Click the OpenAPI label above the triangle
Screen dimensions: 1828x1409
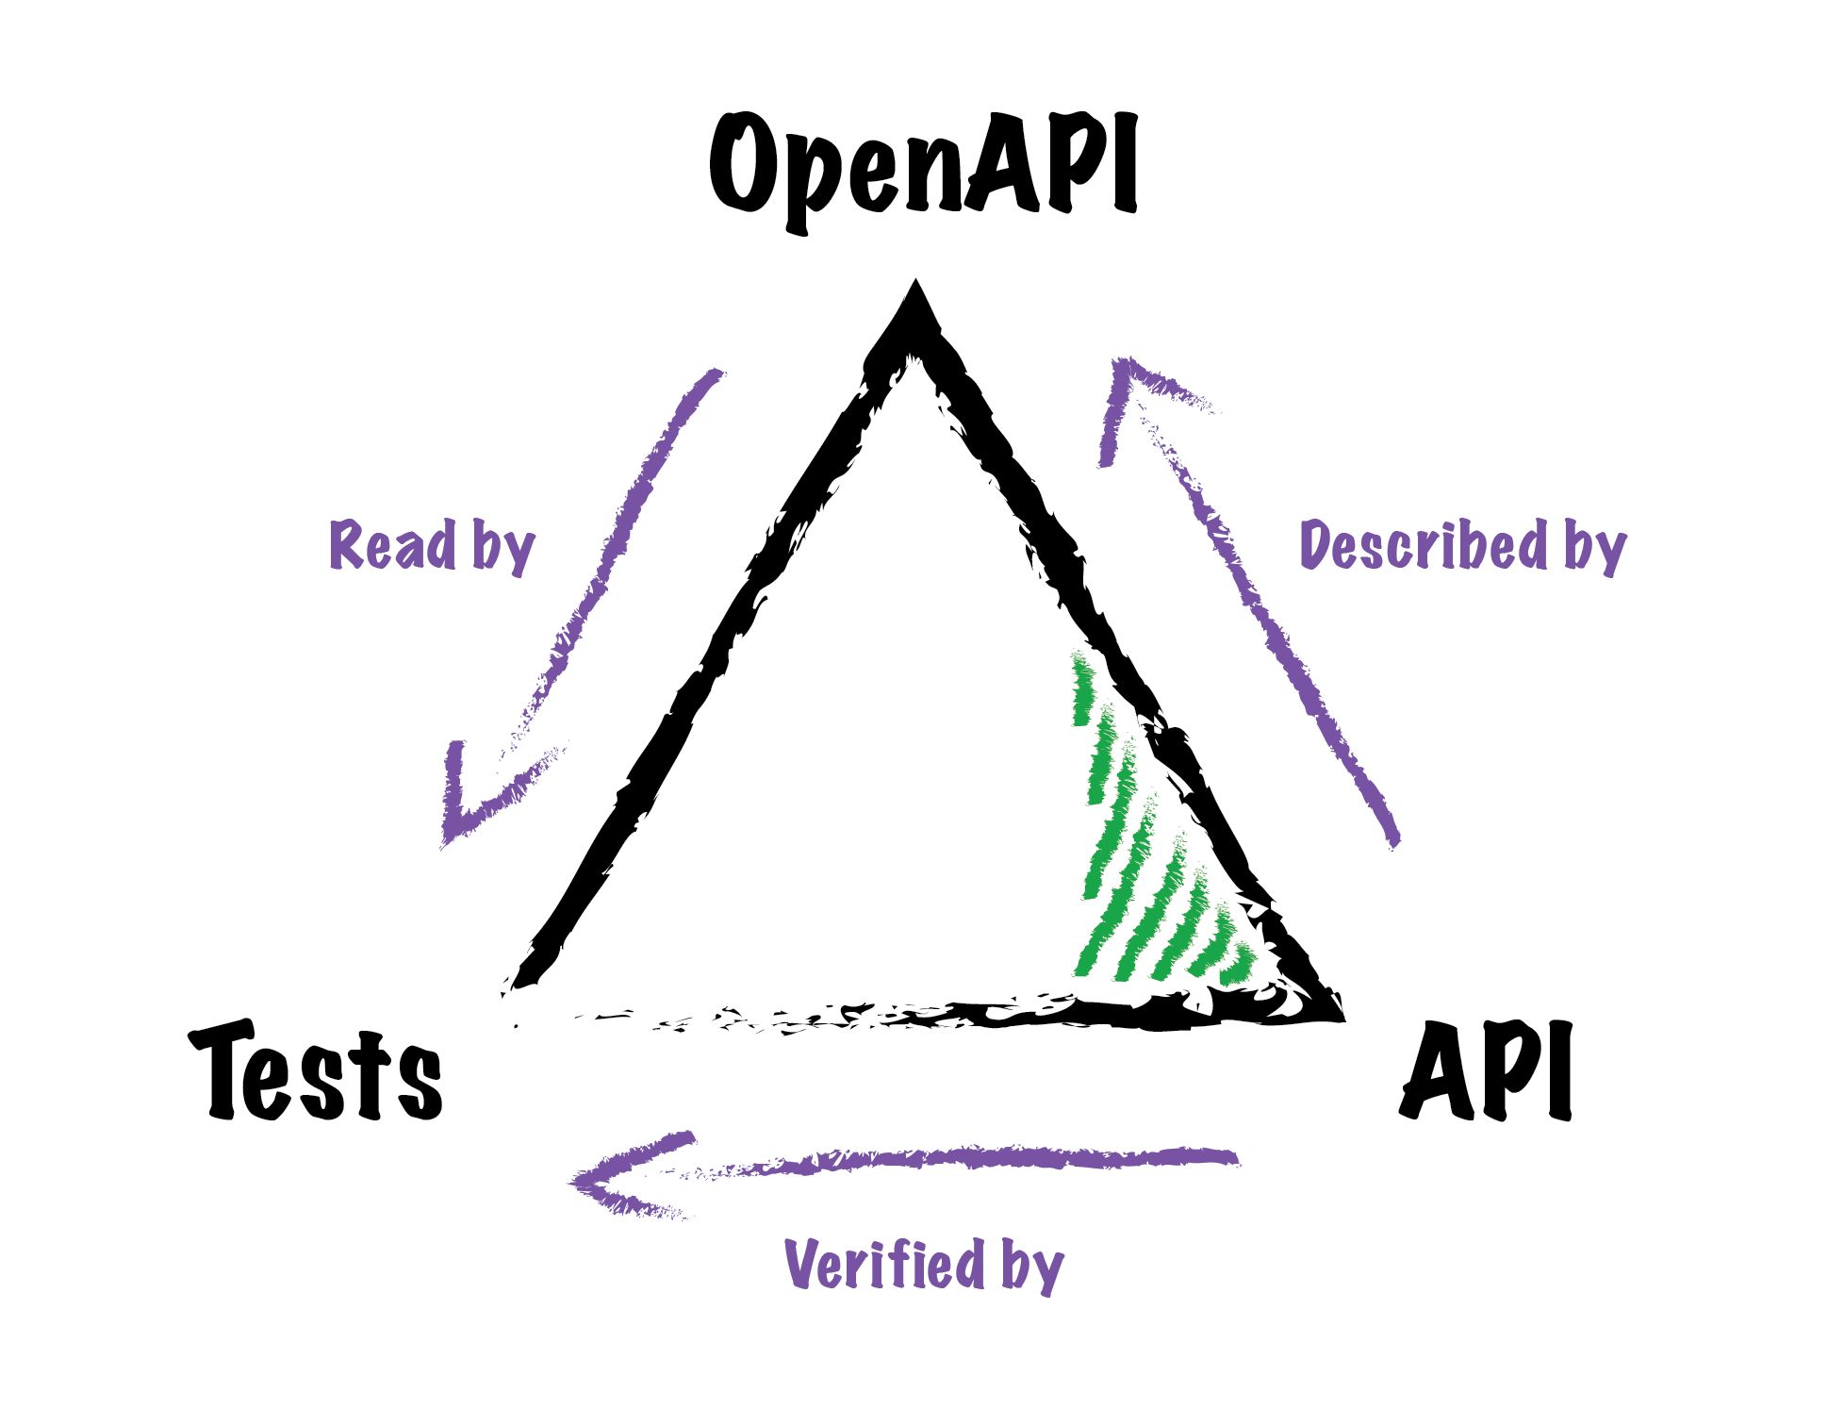(x=924, y=170)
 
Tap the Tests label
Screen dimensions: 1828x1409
(x=316, y=1070)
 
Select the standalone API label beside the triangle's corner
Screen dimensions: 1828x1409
(x=1486, y=1070)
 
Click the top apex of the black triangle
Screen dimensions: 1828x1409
(x=914, y=281)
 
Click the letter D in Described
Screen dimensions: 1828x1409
(x=1317, y=544)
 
